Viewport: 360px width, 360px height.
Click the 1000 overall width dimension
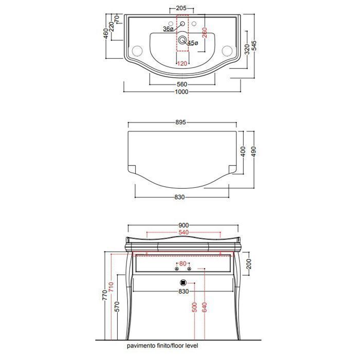coord(182,92)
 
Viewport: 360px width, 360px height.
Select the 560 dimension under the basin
coord(182,84)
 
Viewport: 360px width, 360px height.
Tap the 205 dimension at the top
coord(181,8)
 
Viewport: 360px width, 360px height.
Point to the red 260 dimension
coord(205,32)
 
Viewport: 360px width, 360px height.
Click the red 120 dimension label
coord(182,63)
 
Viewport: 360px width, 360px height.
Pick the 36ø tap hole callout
coord(168,29)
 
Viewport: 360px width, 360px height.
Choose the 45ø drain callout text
coord(193,43)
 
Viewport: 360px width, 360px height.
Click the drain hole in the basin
coord(182,40)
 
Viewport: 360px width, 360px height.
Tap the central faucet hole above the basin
coord(183,24)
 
